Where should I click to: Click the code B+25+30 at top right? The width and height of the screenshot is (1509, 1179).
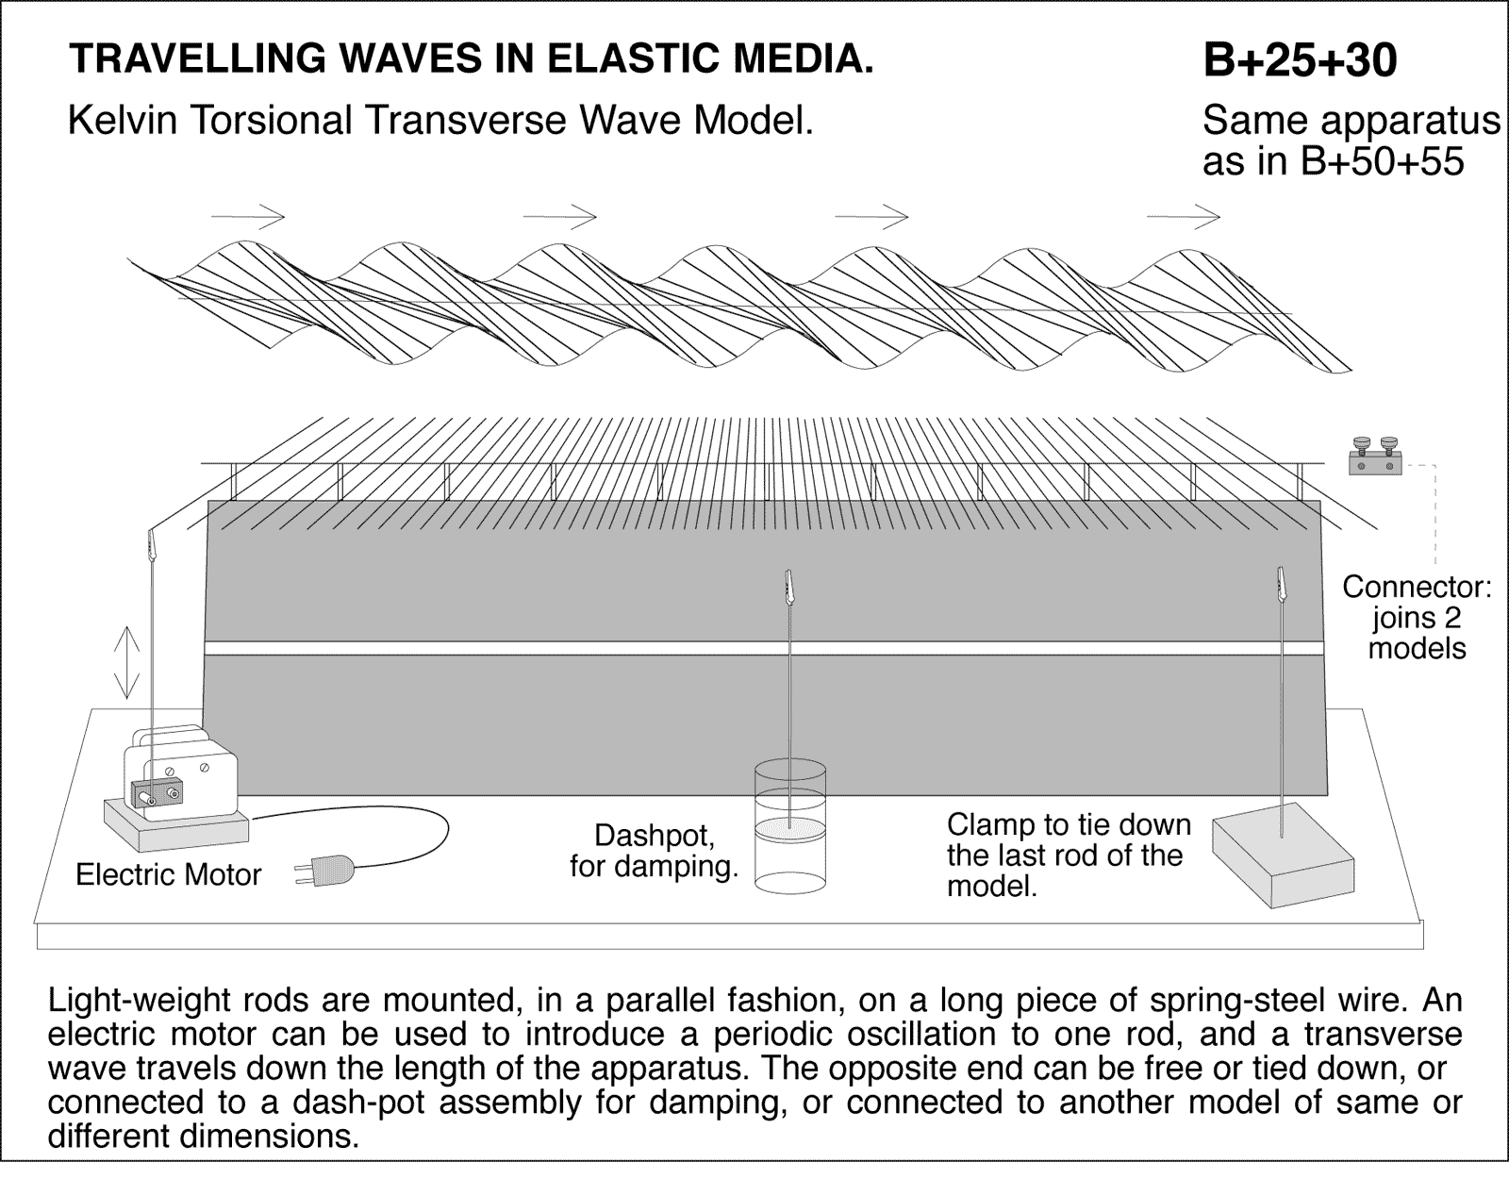(1300, 60)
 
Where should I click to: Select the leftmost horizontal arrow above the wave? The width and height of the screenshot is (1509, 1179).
(248, 216)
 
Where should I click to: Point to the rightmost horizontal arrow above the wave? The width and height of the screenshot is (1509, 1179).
(1183, 216)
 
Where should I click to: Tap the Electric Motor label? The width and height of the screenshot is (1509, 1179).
(168, 875)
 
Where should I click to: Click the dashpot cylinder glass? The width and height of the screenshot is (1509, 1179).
(790, 830)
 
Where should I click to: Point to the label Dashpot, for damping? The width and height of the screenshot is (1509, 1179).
(654, 851)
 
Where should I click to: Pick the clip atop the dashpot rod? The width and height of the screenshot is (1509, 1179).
(788, 589)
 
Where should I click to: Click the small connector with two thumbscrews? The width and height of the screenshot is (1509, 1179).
(1374, 459)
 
